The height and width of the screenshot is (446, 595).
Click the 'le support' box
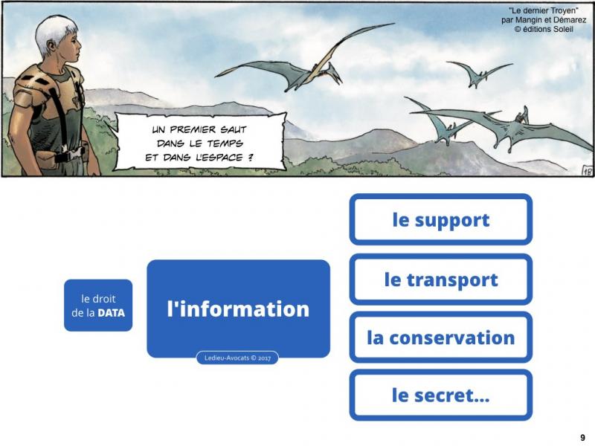pos(440,219)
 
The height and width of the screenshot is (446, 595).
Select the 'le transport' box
pos(440,279)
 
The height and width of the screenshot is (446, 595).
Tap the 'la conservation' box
pos(440,337)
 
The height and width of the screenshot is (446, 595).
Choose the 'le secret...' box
pos(440,395)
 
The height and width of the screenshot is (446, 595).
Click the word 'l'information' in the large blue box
pos(238,308)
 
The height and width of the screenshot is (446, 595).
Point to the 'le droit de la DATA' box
pos(98,306)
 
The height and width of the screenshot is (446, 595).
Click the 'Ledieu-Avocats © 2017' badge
pos(237,358)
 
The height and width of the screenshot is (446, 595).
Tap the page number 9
pos(583,438)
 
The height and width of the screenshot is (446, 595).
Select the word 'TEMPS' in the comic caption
pos(225,143)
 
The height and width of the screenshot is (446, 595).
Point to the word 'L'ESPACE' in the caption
pos(219,158)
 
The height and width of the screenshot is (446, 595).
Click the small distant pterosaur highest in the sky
pos(480,74)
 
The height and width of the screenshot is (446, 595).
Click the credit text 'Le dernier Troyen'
pos(544,10)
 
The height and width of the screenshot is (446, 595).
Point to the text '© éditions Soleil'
pos(544,29)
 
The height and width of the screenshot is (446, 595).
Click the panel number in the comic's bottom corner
pos(587,171)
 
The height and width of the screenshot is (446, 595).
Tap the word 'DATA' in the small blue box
pos(111,313)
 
